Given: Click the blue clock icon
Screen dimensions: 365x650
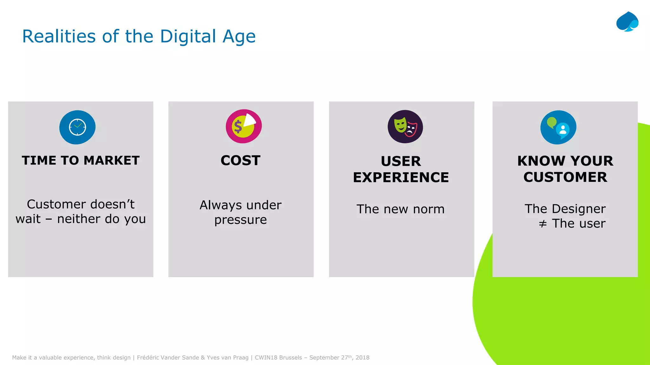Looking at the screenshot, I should (x=77, y=127).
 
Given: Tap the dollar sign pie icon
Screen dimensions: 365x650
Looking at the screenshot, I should (x=244, y=126).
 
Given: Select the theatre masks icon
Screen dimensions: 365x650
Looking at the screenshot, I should (x=405, y=127).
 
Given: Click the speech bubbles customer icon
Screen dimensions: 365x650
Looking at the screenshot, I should (x=558, y=127).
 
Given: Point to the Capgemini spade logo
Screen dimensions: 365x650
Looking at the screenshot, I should (x=627, y=22).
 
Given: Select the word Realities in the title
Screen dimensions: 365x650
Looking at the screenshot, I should (x=59, y=36).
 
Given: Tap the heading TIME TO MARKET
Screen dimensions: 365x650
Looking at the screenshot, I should (x=81, y=161).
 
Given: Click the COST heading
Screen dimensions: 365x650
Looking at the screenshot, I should (x=241, y=161).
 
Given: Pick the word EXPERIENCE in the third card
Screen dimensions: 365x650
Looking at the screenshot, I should (x=401, y=177).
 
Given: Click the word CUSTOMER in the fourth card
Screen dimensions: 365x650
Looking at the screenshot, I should (x=565, y=177).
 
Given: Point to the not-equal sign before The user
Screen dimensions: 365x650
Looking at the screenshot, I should (x=543, y=224).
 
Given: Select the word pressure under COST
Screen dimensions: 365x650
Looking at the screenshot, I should (x=241, y=220).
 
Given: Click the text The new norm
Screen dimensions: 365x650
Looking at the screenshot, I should (x=401, y=209).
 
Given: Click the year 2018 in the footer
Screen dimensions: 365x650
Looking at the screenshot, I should (x=362, y=358).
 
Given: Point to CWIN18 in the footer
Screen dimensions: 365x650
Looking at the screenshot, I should (x=266, y=358).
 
